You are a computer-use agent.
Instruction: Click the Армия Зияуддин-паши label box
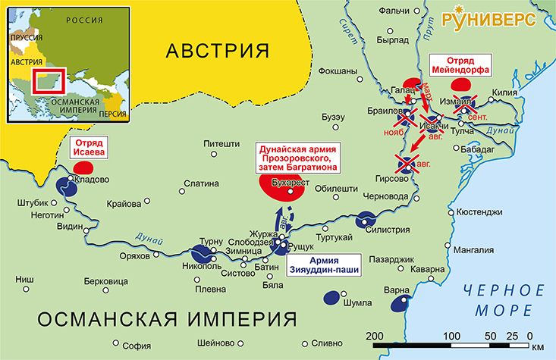tap(323, 265)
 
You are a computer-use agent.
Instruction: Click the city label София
tap(137, 340)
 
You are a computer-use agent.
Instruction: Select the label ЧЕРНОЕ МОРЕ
tap(505, 299)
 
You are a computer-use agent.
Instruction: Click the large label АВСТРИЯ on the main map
tap(218, 51)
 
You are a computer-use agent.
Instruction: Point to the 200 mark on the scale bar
tap(373, 336)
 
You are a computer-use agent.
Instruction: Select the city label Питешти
tap(221, 141)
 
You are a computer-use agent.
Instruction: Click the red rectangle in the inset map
tap(52, 84)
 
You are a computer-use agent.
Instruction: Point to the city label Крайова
tap(124, 204)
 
